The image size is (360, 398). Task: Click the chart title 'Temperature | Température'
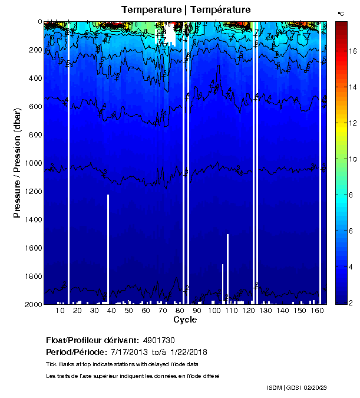click(x=186, y=10)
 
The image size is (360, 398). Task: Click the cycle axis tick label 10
click(x=60, y=311)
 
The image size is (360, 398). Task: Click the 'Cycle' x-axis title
click(x=185, y=320)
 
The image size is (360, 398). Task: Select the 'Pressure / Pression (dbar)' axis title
click(x=17, y=163)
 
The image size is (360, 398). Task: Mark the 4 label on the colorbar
click(x=351, y=268)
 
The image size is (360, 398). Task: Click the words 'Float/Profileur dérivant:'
click(x=92, y=340)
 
